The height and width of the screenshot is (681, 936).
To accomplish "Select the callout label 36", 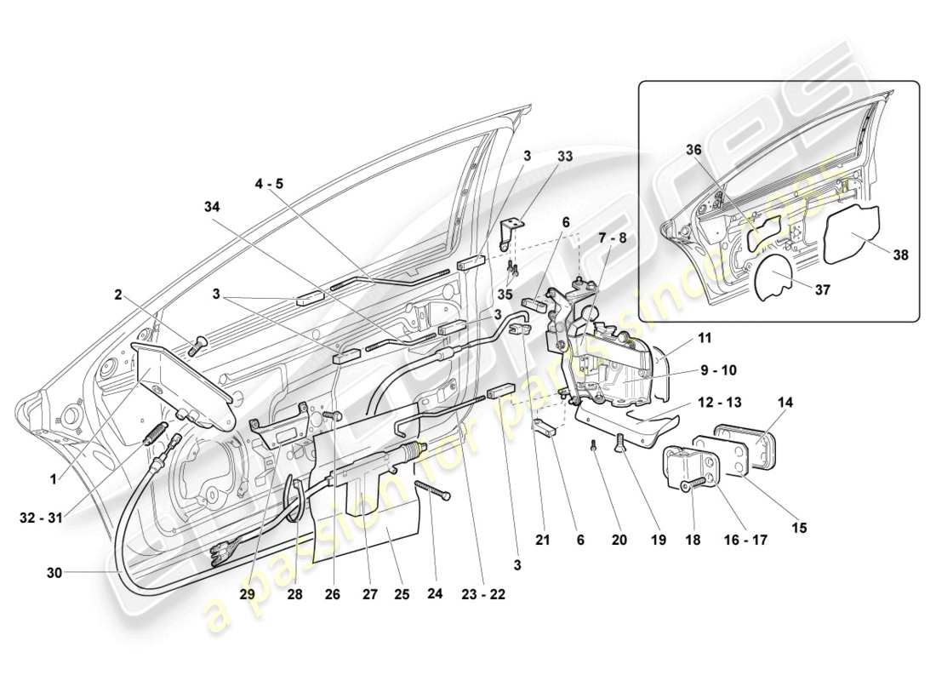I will (x=695, y=150).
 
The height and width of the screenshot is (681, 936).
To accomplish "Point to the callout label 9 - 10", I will (x=718, y=370).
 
